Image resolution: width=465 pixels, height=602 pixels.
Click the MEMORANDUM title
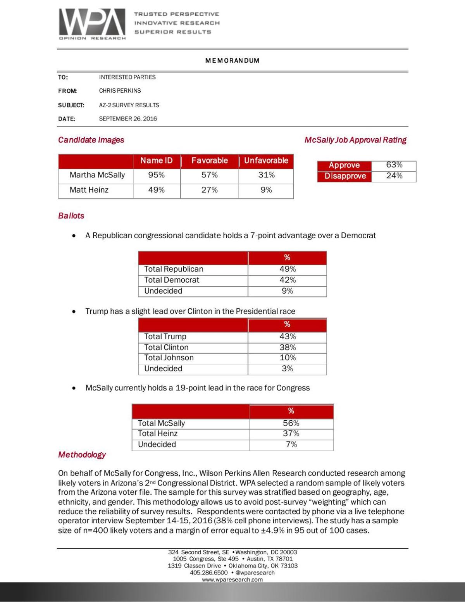(232, 60)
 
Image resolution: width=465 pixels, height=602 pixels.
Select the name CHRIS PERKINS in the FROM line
(120, 91)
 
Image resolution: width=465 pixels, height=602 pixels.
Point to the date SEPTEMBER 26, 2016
(128, 119)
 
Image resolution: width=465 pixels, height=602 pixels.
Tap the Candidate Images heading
(91, 140)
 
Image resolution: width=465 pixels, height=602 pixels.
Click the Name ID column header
(156, 160)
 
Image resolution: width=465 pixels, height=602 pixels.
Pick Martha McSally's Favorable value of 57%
(209, 175)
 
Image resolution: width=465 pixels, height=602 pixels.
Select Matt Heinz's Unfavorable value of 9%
(266, 190)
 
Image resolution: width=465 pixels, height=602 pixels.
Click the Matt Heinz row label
(89, 190)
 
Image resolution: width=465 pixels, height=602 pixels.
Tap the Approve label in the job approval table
(344, 165)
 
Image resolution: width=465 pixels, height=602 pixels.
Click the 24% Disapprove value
(394, 176)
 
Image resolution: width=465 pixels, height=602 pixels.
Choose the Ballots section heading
(71, 216)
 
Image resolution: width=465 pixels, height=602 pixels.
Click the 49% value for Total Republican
(287, 269)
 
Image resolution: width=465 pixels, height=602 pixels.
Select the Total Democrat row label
(172, 280)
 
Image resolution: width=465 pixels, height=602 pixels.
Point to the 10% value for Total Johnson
(287, 358)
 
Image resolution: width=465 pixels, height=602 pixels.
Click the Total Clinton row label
(166, 347)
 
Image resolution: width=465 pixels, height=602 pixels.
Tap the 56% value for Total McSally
(291, 423)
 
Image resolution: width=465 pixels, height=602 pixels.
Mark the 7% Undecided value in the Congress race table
(291, 444)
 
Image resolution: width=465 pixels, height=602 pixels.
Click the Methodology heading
(82, 454)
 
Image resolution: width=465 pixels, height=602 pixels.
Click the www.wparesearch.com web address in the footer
(232, 580)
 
